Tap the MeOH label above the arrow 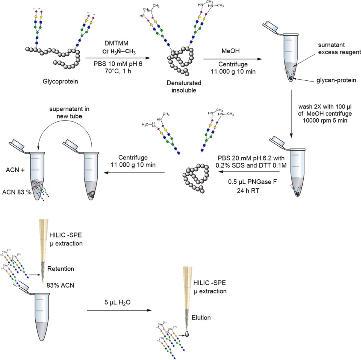(x=229, y=52)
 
